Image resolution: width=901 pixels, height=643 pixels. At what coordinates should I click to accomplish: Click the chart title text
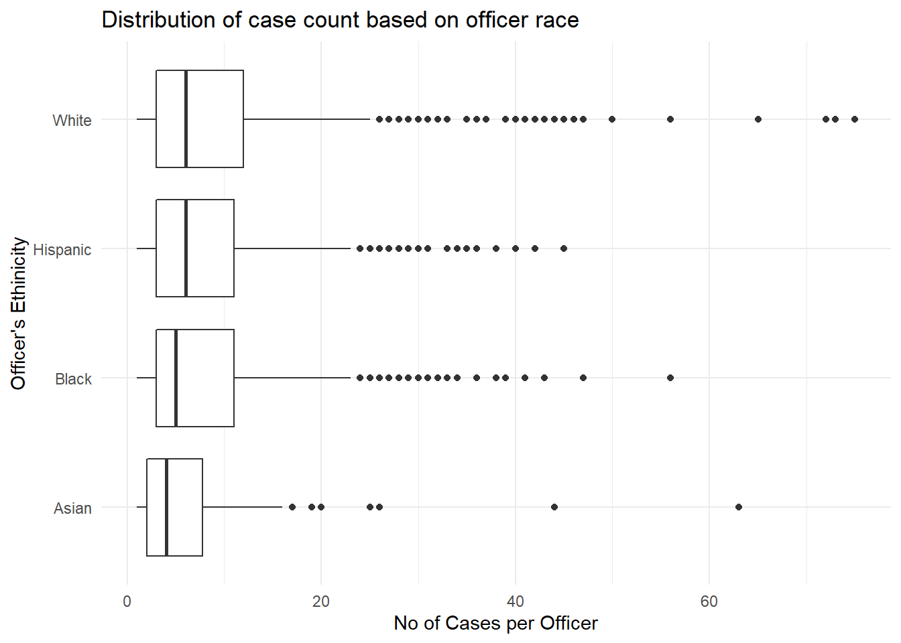click(340, 20)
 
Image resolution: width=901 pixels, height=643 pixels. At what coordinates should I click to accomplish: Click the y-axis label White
click(72, 121)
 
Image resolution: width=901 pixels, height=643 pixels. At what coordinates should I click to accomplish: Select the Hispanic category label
click(62, 250)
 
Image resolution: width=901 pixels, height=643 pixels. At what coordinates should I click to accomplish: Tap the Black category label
click(73, 379)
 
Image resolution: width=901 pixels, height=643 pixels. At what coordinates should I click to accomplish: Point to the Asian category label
click(72, 508)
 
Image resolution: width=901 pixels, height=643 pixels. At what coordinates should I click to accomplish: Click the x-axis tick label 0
click(127, 601)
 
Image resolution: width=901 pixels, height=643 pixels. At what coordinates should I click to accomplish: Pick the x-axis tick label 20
click(321, 601)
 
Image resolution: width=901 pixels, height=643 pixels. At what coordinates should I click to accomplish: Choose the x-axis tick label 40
click(515, 601)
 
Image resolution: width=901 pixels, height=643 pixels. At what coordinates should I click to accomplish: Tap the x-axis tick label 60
click(709, 601)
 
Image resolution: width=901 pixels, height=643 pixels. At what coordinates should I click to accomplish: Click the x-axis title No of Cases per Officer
click(495, 624)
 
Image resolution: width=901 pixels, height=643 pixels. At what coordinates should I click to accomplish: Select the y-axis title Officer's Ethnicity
click(19, 313)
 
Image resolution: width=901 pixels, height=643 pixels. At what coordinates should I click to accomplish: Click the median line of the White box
click(186, 119)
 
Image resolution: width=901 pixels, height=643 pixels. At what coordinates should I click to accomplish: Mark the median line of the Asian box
click(166, 507)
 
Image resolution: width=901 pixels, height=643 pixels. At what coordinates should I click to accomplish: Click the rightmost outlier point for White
click(855, 119)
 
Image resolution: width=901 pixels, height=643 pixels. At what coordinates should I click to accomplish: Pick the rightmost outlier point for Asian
click(739, 507)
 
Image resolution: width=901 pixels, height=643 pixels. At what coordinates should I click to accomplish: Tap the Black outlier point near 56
click(670, 378)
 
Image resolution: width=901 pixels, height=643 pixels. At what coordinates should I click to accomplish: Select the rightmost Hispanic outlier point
click(564, 248)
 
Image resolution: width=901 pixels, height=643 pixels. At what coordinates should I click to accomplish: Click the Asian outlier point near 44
click(554, 507)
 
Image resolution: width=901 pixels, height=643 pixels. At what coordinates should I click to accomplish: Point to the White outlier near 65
click(758, 119)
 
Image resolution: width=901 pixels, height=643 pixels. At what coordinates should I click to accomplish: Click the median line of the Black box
click(176, 378)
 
